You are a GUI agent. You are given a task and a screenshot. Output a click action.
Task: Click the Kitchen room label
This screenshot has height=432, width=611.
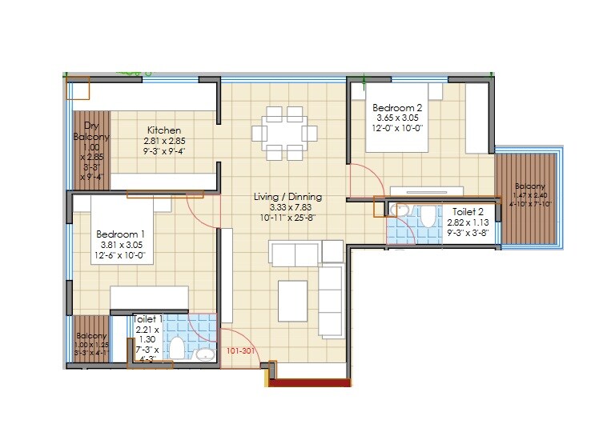tap(163, 130)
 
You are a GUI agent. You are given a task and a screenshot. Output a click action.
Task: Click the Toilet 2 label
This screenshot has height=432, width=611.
tap(467, 213)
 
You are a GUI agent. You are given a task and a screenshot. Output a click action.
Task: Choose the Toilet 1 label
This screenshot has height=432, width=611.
tap(148, 319)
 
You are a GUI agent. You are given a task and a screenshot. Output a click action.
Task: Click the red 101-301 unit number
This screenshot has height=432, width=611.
tap(241, 350)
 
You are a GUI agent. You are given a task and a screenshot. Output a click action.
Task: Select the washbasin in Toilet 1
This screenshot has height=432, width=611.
tap(205, 353)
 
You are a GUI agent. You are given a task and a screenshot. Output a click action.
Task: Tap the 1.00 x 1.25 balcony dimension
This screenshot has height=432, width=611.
tap(91, 344)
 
